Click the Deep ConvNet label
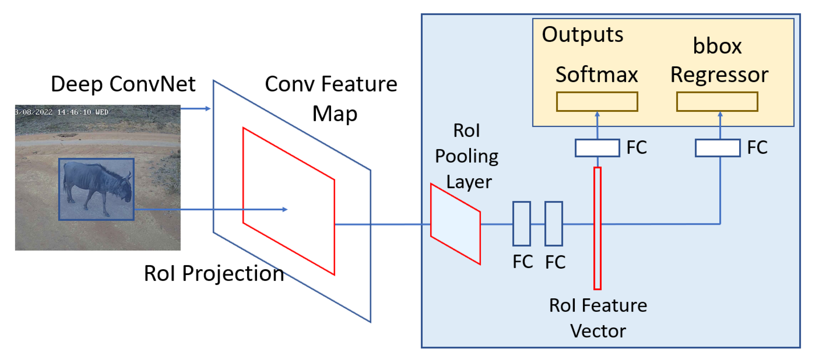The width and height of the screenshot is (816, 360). click(123, 84)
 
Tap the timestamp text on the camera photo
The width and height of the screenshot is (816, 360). click(62, 112)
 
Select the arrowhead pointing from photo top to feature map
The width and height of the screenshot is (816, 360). click(208, 109)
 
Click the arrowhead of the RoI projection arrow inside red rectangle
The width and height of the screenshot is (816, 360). click(285, 209)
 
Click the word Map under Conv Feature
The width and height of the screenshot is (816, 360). click(335, 114)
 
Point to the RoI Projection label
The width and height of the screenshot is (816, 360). click(214, 273)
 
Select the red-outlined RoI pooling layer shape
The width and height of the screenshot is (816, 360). click(455, 224)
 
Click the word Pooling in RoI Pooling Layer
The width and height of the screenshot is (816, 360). click(466, 156)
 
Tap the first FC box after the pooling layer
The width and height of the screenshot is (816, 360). click(521, 223)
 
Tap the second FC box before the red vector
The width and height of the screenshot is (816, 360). click(553, 223)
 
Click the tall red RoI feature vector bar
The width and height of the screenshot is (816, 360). click(597, 228)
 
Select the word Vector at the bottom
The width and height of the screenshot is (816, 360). click(598, 331)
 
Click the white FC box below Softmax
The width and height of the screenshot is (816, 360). click(597, 148)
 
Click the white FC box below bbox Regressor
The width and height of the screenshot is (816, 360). click(717, 148)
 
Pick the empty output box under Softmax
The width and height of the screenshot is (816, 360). click(597, 102)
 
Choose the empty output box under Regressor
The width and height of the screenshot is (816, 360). click(717, 102)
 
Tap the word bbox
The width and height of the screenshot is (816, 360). click(717, 46)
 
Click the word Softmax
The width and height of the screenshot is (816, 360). click(597, 75)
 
